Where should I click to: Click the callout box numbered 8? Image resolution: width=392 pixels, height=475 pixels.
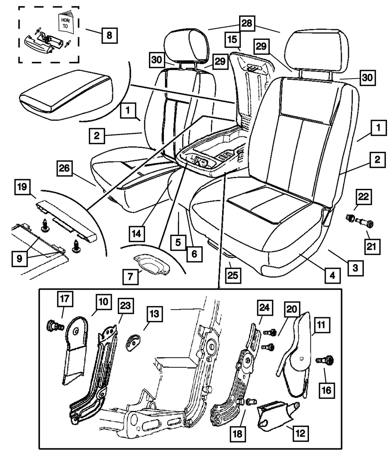pos(109,35)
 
